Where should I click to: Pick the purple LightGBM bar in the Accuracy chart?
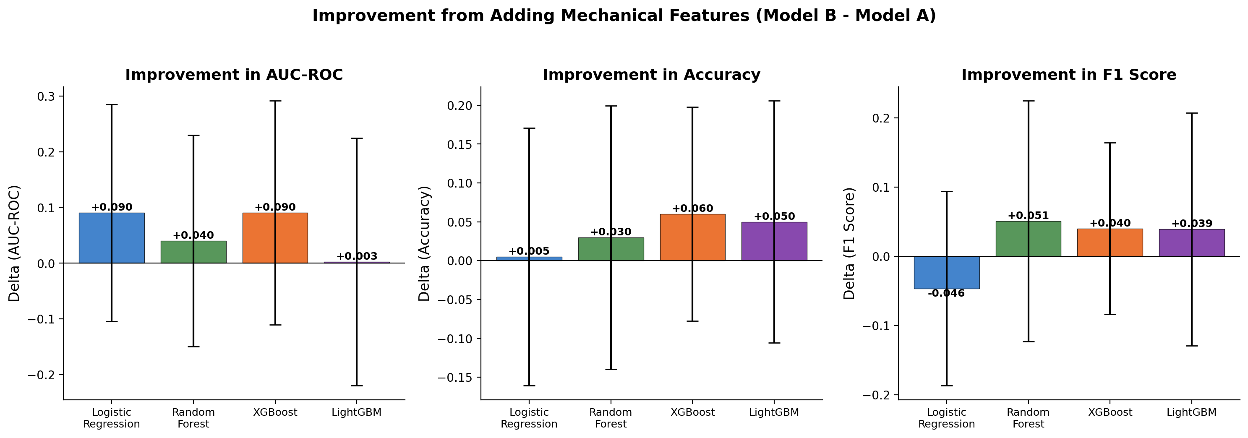[x=790, y=241]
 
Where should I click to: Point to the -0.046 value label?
[x=946, y=294]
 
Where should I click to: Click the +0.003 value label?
[x=357, y=256]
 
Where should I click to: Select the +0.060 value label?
[x=692, y=209]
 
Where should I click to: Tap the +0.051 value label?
[x=1028, y=216]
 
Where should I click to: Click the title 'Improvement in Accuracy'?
[x=651, y=75]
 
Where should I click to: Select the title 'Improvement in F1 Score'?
[x=1069, y=75]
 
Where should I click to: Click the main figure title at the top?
[x=624, y=16]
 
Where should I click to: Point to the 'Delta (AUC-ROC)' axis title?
[x=15, y=243]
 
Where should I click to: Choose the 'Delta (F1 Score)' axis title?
[x=849, y=243]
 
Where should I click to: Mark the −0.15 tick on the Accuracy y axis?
[x=456, y=378]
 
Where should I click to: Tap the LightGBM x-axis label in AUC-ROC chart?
[x=357, y=412]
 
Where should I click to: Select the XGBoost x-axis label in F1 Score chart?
[x=1110, y=412]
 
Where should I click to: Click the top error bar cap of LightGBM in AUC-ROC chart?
[x=357, y=138]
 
